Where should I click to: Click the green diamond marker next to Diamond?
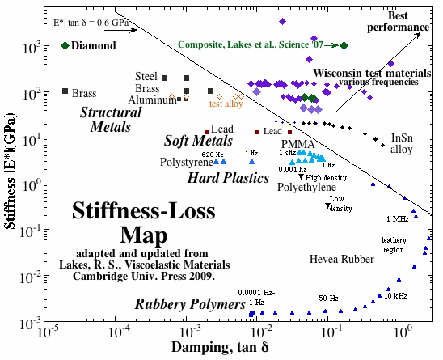(65, 44)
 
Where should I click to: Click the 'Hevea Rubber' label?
(344, 258)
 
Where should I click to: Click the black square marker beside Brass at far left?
(65, 91)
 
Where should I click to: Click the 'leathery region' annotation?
(395, 245)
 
